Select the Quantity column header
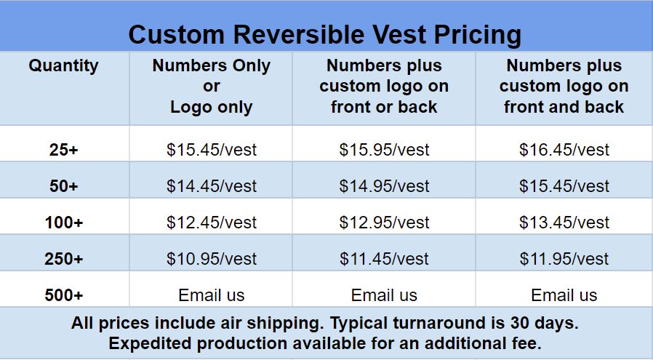coord(64,66)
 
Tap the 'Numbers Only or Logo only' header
coord(212,86)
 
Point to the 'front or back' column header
coord(384,86)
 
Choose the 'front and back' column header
coord(564,86)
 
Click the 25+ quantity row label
coord(64,150)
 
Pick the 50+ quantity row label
coord(64,186)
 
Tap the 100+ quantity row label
coord(64,223)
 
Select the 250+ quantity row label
coord(64,259)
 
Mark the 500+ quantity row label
coord(64,295)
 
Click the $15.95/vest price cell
coord(384,150)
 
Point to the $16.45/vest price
coord(564,150)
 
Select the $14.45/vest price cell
coord(212,186)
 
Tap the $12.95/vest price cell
coord(384,223)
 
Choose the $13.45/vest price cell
coord(564,223)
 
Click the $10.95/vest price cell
coord(212,259)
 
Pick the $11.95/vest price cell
coord(564,259)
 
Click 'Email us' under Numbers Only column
coord(212,295)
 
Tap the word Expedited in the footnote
coord(150,344)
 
